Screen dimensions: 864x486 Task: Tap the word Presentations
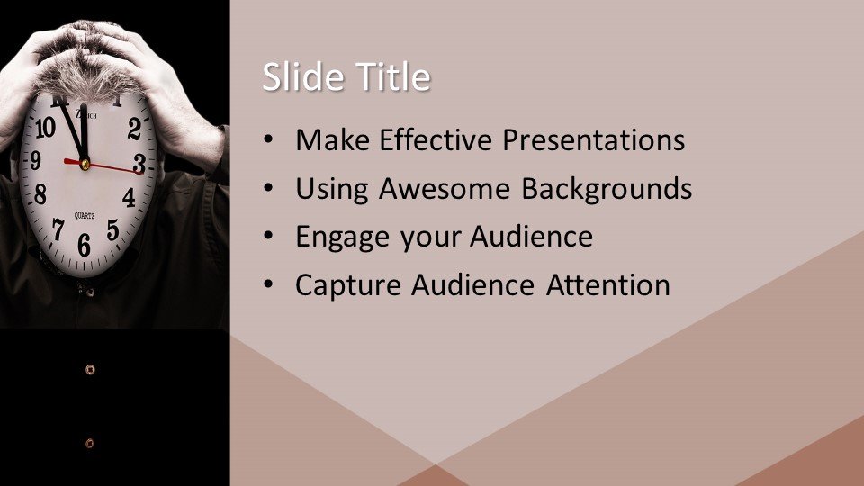593,140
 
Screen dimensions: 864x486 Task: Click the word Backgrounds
607,190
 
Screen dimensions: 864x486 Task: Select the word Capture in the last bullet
348,286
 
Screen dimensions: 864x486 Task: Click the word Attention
607,285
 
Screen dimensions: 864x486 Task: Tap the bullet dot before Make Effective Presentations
268,139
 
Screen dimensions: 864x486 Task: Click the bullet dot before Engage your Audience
268,237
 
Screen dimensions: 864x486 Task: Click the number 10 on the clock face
45,128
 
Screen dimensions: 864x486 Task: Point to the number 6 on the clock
84,245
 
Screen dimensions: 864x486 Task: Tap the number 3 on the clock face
139,164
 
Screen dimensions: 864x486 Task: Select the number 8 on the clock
40,194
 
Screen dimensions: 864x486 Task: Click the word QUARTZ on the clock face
85,216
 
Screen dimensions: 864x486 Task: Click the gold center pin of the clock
85,164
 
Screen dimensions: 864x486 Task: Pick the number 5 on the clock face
113,229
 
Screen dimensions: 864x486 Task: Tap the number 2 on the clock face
134,129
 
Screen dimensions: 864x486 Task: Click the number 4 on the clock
129,197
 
